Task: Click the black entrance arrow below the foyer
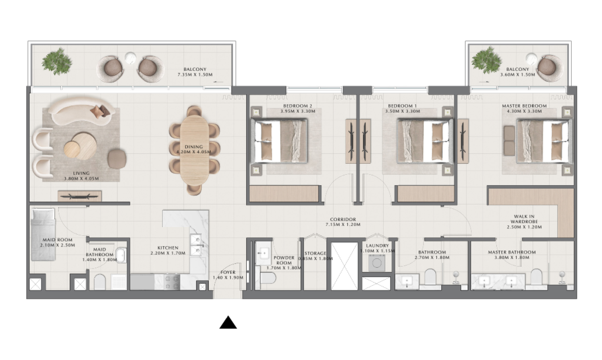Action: pyautogui.click(x=228, y=322)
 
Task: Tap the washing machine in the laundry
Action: pyautogui.click(x=376, y=263)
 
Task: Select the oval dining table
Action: pyautogui.click(x=194, y=150)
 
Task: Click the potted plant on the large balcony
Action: pyautogui.click(x=57, y=61)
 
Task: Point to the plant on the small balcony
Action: pyautogui.click(x=486, y=60)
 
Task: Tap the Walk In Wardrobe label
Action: pyautogui.click(x=524, y=222)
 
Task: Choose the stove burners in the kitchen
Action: pyautogui.click(x=172, y=282)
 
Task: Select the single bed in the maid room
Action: pyautogui.click(x=43, y=235)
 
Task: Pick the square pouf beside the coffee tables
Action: pyautogui.click(x=117, y=159)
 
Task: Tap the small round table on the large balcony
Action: pyautogui.click(x=130, y=58)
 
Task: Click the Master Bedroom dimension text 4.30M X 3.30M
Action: pyautogui.click(x=524, y=111)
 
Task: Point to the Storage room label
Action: pyautogui.click(x=315, y=253)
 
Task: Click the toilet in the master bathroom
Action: pyautogui.click(x=536, y=277)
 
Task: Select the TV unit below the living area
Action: pyautogui.click(x=79, y=196)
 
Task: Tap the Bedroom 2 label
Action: pyautogui.click(x=297, y=106)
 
